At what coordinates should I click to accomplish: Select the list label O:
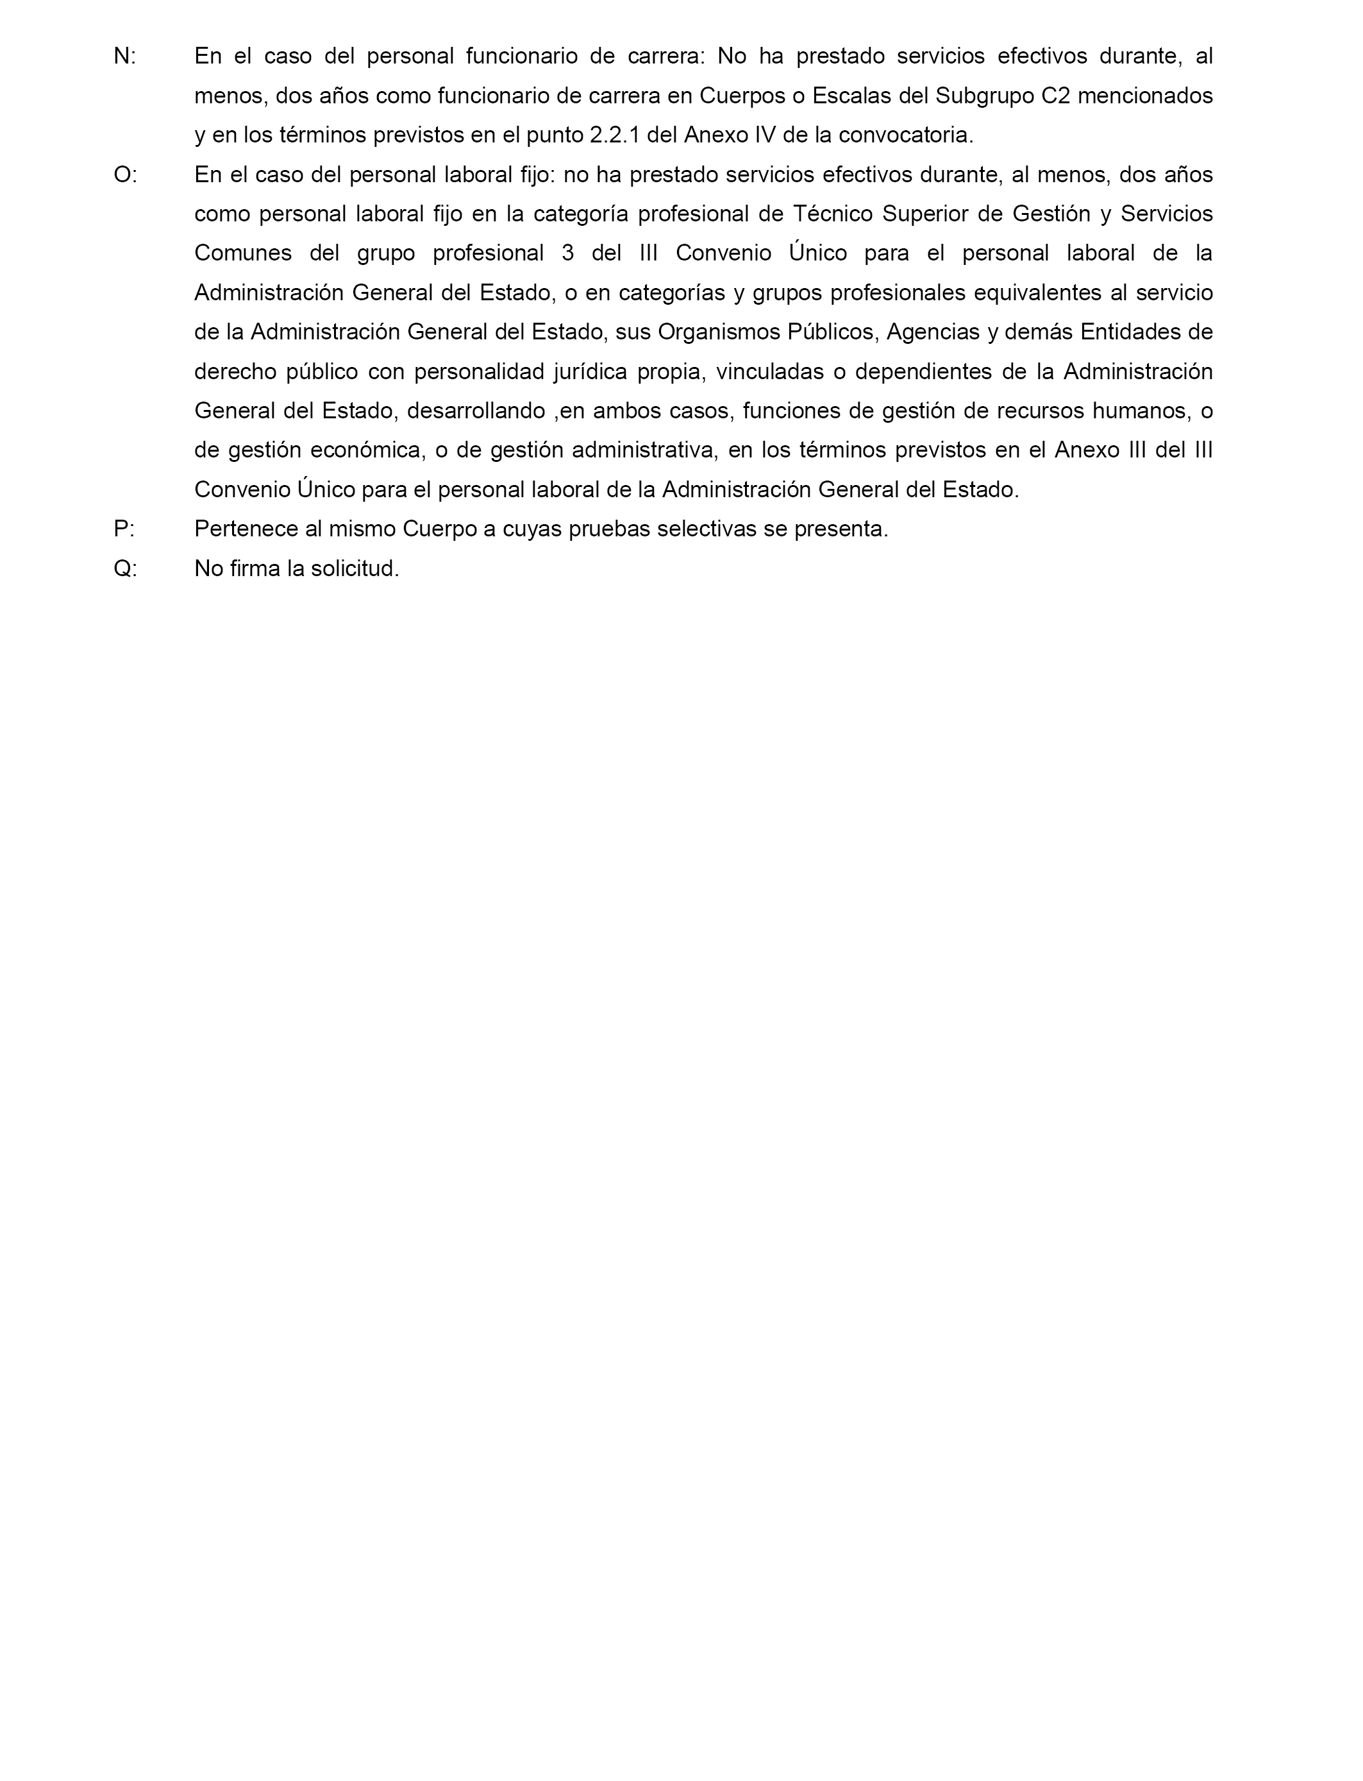pyautogui.click(x=126, y=175)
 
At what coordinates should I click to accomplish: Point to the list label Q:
pyautogui.click(x=126, y=568)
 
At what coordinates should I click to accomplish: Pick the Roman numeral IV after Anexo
pyautogui.click(x=765, y=135)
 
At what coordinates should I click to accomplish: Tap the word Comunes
pyautogui.click(x=242, y=253)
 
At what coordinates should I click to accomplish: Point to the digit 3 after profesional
pyautogui.click(x=567, y=253)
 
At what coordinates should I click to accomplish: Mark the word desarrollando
pyautogui.click(x=476, y=411)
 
